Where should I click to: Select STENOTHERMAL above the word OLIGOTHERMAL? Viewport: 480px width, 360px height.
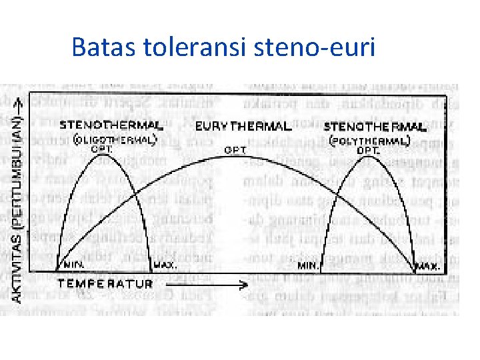tap(110, 125)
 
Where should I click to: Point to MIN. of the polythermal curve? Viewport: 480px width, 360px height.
tap(309, 265)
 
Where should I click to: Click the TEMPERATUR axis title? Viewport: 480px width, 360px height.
tap(107, 283)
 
